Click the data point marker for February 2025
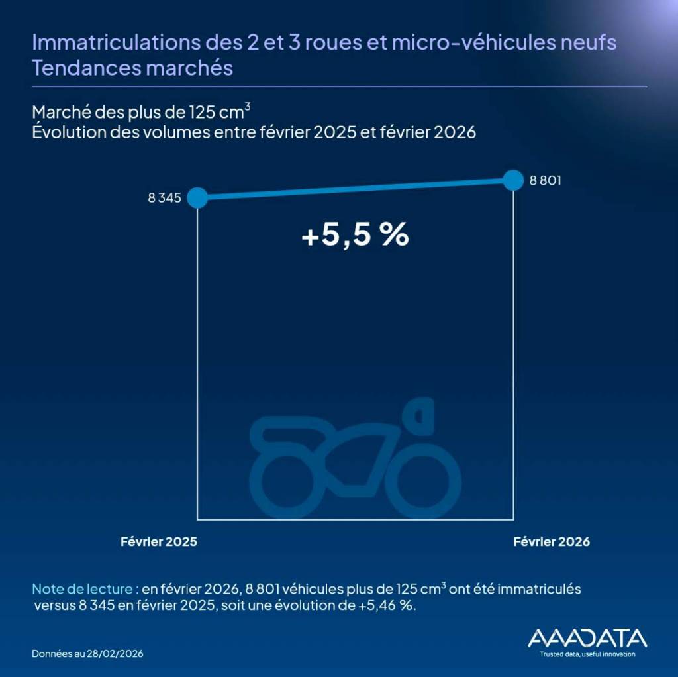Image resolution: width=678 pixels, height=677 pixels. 197,197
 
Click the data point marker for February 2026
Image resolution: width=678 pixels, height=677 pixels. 513,180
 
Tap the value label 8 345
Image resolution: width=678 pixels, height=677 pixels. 165,197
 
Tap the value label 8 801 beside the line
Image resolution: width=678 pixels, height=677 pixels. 545,180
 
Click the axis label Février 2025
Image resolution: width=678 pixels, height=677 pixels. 159,541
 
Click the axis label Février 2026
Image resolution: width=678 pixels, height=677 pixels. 552,541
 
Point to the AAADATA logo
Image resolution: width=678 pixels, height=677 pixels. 587,638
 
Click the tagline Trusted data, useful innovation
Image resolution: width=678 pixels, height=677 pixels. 587,654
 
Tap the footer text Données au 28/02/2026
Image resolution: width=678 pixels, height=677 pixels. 87,654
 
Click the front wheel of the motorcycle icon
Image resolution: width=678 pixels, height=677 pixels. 424,482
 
